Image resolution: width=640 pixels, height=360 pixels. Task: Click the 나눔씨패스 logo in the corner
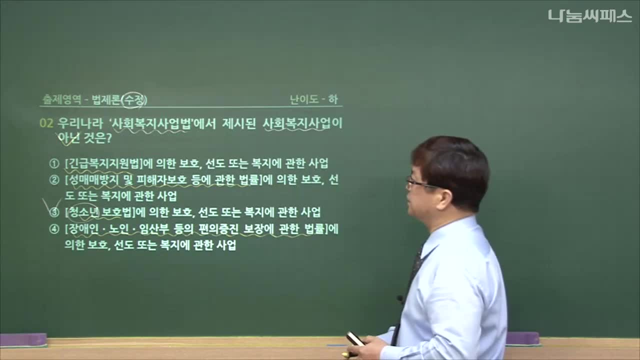tap(590, 16)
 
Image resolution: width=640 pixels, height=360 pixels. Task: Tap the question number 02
tap(46, 123)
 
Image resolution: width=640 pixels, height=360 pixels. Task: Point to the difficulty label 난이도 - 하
tap(313, 99)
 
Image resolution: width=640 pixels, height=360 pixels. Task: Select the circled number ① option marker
tap(54, 163)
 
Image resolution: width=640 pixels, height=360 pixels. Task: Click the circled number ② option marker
tap(54, 180)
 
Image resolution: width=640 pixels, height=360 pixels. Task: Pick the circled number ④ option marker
tap(54, 229)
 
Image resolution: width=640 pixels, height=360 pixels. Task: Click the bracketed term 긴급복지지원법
tap(103, 163)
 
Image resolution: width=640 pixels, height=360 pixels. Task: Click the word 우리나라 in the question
tap(80, 123)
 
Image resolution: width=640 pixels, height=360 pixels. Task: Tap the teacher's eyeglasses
tap(419, 183)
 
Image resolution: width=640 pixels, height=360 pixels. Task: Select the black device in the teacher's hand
tap(355, 338)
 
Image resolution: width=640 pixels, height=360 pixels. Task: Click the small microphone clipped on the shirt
tap(399, 299)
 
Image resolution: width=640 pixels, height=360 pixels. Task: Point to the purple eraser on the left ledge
tap(23, 340)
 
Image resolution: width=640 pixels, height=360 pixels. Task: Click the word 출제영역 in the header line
tap(61, 99)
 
